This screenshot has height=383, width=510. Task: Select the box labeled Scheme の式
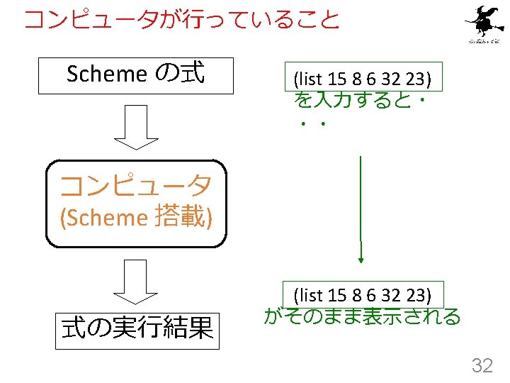pos(136,75)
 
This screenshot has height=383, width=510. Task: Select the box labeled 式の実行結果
pos(138,328)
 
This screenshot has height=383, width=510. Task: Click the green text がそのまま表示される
pos(362,316)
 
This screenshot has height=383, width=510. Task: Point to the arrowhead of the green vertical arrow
pos(361,260)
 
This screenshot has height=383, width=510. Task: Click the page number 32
pos(482,365)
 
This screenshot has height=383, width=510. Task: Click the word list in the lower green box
pos(309,294)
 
